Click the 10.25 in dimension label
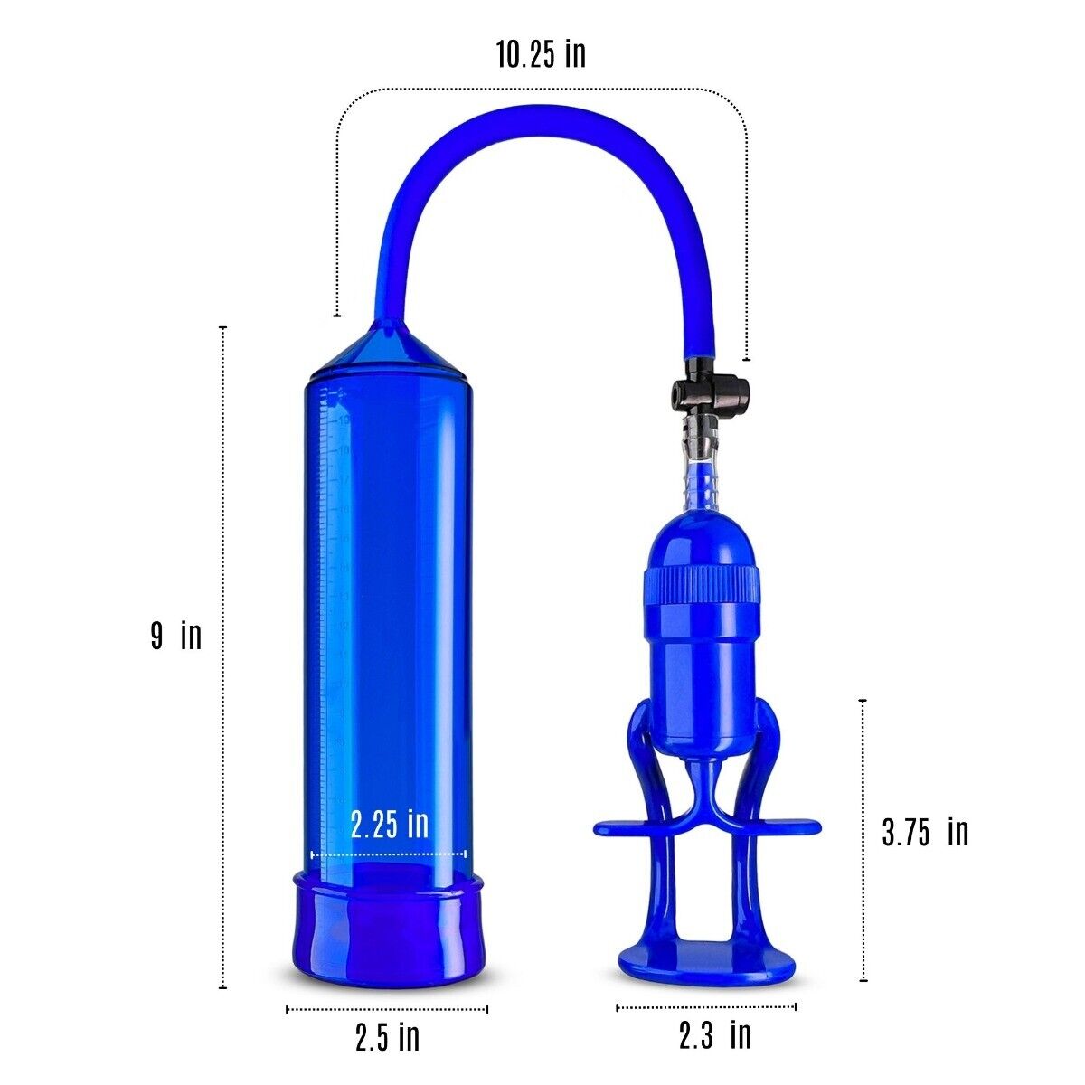click(541, 54)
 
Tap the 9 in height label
click(176, 636)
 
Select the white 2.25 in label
click(389, 824)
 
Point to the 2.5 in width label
click(387, 1037)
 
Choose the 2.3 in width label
click(714, 1034)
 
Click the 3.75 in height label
click(924, 832)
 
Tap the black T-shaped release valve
click(709, 392)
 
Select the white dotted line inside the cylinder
click(389, 853)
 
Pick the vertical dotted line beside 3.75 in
click(863, 841)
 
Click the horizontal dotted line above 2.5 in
click(387, 1009)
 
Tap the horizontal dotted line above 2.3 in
click(706, 1006)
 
